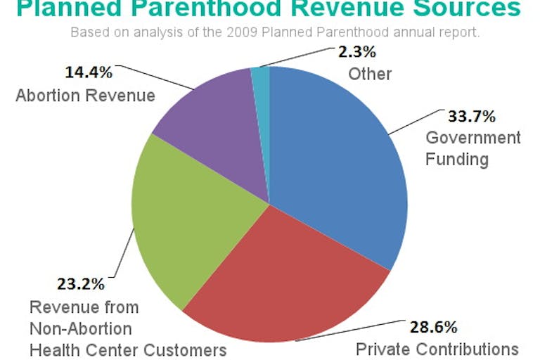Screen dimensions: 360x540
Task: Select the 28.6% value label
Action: (x=434, y=327)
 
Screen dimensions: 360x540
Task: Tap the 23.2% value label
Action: (x=81, y=285)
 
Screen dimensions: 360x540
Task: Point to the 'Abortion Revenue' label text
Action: (x=85, y=95)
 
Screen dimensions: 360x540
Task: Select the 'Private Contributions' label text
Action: (x=437, y=349)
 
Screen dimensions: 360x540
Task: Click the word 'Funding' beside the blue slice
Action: (x=456, y=159)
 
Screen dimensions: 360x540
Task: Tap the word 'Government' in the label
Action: (x=473, y=137)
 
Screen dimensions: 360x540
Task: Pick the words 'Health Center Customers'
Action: (x=128, y=349)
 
